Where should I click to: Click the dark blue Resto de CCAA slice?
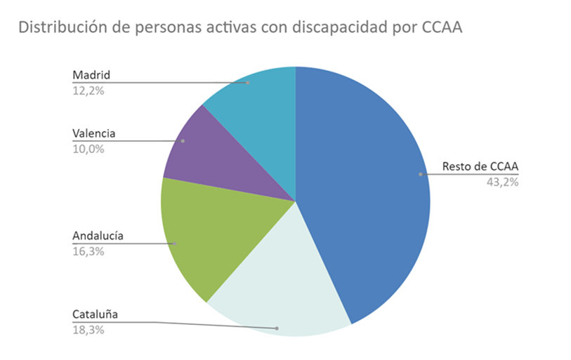click(365, 189)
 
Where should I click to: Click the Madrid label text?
click(91, 75)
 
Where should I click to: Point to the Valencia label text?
click(93, 133)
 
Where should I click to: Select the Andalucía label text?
click(98, 236)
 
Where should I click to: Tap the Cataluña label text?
click(95, 314)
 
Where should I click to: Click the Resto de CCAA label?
click(480, 167)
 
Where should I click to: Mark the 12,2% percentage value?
click(88, 90)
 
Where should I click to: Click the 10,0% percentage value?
click(88, 148)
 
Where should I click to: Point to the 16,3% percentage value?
click(88, 251)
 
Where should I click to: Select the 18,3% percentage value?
click(88, 329)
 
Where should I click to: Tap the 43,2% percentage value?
click(502, 182)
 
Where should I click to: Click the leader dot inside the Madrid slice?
click(248, 82)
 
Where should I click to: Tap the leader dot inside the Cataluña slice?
click(277, 328)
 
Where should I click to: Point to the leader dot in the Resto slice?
click(420, 174)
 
